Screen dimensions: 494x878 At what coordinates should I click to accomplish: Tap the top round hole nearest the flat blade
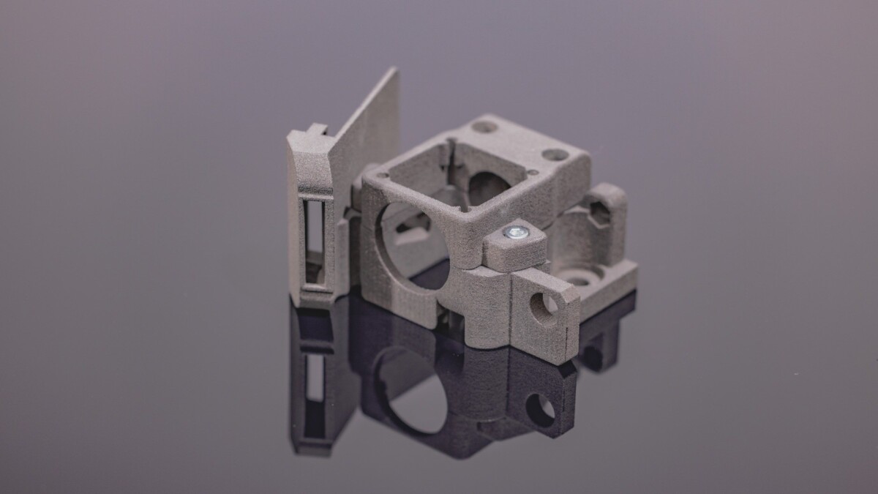pyautogui.click(x=484, y=127)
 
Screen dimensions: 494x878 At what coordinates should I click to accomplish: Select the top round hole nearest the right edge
pyautogui.click(x=555, y=155)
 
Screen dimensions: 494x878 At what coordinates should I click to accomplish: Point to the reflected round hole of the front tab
pyautogui.click(x=541, y=409)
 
